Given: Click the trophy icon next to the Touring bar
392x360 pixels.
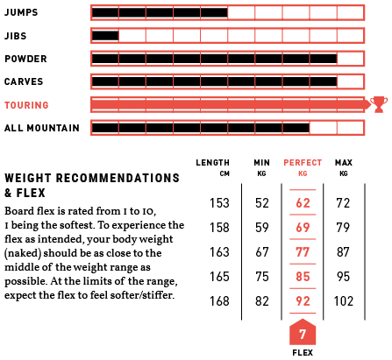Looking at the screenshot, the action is (x=379, y=104).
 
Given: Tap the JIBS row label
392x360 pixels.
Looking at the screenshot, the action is (x=16, y=36).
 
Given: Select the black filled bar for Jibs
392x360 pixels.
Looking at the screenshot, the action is (x=105, y=36).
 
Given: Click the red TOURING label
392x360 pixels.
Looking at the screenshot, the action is (x=26, y=105).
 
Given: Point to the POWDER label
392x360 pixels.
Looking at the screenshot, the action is (x=25, y=59).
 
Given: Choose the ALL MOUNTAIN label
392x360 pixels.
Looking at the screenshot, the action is (x=42, y=128).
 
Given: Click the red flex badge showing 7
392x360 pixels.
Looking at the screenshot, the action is (x=303, y=332).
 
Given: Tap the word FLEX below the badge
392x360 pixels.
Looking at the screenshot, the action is (x=303, y=353).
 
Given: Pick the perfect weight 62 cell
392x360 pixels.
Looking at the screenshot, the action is (x=303, y=203).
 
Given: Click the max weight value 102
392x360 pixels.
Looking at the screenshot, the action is (x=344, y=301).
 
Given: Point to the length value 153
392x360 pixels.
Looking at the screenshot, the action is (x=219, y=203).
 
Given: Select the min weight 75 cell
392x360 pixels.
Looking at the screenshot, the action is (x=262, y=277).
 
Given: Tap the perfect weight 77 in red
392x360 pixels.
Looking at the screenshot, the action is (x=303, y=252).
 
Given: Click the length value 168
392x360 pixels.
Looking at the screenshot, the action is (x=219, y=301).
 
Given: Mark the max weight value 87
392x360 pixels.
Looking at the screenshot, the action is (x=343, y=252).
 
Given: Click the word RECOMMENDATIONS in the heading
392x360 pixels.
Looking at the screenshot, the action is (x=118, y=178).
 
